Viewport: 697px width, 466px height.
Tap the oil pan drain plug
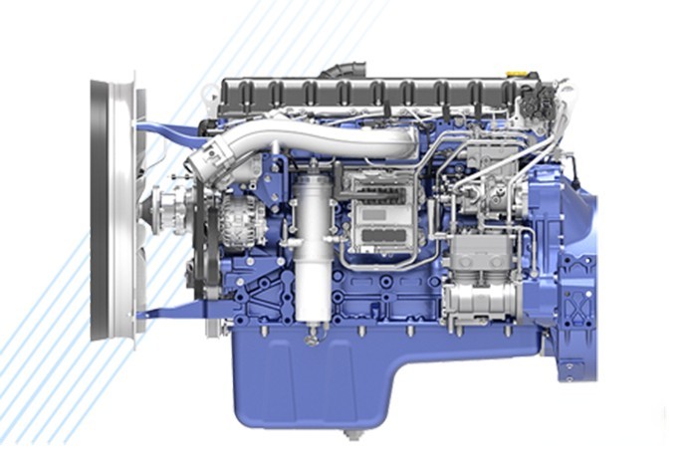coord(350,435)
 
